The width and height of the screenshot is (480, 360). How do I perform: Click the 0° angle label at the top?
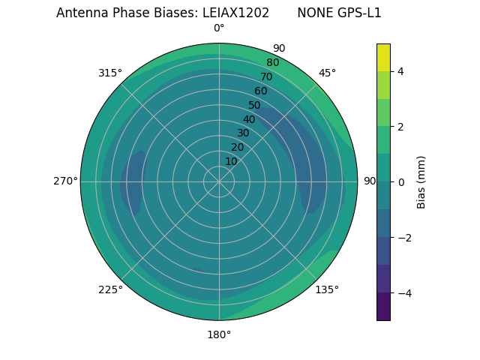click(x=219, y=28)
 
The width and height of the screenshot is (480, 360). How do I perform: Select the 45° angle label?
click(x=327, y=73)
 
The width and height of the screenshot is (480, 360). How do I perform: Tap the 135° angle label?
click(x=327, y=289)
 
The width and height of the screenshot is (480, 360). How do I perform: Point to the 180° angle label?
click(x=219, y=334)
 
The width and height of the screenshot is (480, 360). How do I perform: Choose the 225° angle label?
click(x=110, y=289)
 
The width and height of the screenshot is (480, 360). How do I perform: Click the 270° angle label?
click(x=65, y=181)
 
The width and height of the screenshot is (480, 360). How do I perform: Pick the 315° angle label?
click(x=110, y=73)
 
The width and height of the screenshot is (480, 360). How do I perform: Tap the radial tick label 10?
click(x=231, y=161)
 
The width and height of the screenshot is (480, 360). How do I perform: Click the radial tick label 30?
click(x=243, y=133)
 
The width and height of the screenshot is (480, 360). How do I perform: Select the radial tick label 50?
click(x=254, y=105)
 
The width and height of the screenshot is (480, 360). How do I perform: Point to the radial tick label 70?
click(x=266, y=76)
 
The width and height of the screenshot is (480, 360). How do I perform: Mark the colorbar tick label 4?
click(x=400, y=71)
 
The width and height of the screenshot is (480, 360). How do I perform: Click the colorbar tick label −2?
click(x=403, y=237)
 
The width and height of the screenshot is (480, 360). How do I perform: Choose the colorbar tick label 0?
click(x=400, y=181)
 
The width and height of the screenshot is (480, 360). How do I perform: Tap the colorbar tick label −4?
click(x=403, y=292)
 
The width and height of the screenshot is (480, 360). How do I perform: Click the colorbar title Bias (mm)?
click(x=421, y=181)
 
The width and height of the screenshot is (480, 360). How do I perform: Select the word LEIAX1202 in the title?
click(x=235, y=13)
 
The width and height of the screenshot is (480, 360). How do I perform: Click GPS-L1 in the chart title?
click(x=360, y=13)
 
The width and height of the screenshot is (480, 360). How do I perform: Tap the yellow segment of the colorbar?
click(x=383, y=57)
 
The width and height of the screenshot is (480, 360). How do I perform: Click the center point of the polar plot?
click(x=219, y=181)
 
